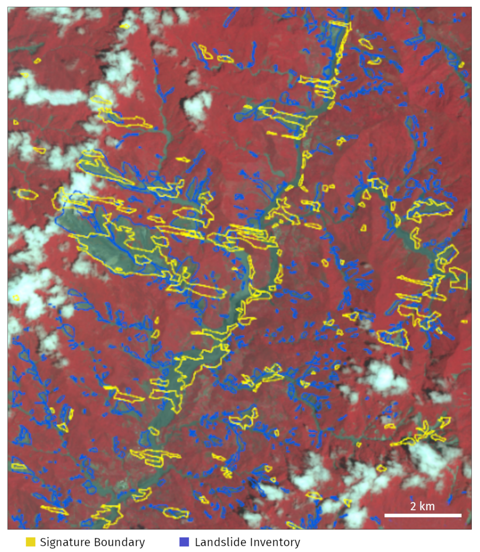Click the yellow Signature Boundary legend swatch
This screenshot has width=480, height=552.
click(x=31, y=542)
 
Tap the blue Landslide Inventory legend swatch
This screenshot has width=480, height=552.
click(x=184, y=542)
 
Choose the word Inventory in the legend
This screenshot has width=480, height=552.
click(x=275, y=542)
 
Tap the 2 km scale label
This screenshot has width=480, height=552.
click(x=422, y=506)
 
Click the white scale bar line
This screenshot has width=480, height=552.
click(x=422, y=515)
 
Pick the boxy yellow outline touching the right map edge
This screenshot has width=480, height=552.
click(x=458, y=278)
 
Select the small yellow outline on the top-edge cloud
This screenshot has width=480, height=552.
click(x=125, y=26)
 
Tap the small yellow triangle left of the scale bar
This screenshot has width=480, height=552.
click(x=347, y=502)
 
